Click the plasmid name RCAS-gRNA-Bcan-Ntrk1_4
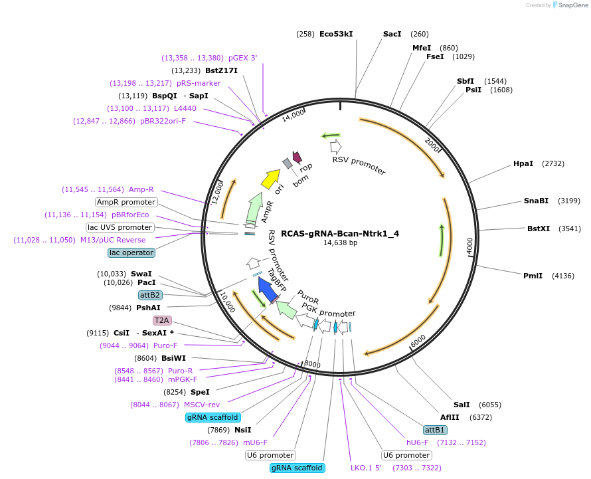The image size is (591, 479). pos(340,233)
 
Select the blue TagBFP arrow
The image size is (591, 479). pos(268,288)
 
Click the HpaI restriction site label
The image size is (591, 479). pos(523,163)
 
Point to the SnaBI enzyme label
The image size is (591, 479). pos(536,201)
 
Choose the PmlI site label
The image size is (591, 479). pos(533,276)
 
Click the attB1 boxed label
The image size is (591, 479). pos(435,430)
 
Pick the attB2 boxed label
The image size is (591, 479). pos(150,295)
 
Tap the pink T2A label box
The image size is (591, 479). pos(162,320)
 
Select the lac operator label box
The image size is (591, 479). pos(131,252)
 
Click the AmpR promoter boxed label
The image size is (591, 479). pos(126,202)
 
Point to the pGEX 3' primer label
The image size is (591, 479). pos(243,58)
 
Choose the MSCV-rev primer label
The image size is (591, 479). pos(202,405)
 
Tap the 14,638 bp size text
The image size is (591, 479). pos(341,243)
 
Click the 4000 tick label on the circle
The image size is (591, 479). pos(469,246)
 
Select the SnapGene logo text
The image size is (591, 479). pos(573,5)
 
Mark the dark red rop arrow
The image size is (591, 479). pos(297,157)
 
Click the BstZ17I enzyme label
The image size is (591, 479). pos(221,70)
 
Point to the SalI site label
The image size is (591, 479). pos(462,405)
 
